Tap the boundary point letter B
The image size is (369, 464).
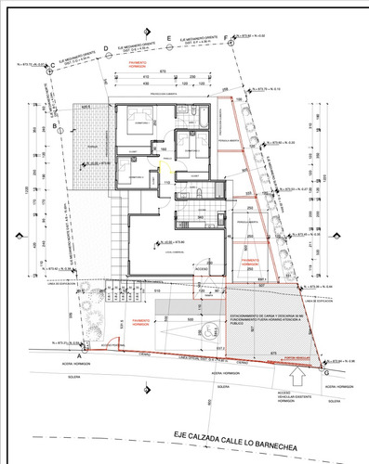click(55, 124)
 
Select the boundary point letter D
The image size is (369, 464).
click(106, 47)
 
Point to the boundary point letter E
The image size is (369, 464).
click(168, 38)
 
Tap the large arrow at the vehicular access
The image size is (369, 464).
click(297, 378)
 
